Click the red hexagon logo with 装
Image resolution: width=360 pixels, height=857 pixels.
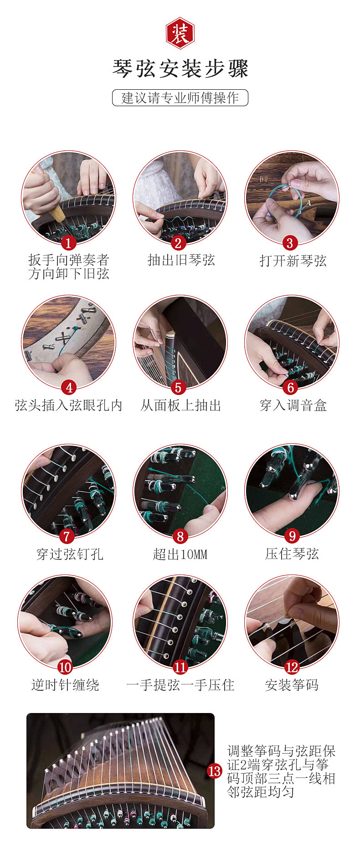(x=180, y=34)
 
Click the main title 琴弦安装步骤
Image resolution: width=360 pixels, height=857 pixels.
(x=180, y=69)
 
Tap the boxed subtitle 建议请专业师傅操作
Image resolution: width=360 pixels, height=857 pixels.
(x=180, y=98)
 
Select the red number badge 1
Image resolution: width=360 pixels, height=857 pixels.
(x=68, y=243)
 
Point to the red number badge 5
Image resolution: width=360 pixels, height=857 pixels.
(x=178, y=387)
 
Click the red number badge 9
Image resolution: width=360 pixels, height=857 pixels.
(x=292, y=536)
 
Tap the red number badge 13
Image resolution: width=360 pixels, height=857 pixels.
(x=214, y=771)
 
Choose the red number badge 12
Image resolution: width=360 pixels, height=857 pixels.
(x=292, y=667)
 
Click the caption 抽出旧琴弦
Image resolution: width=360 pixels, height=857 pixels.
(x=181, y=260)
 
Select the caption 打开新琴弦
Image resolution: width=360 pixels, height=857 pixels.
(x=293, y=261)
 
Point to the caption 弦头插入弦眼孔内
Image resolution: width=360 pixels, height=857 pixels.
(x=68, y=405)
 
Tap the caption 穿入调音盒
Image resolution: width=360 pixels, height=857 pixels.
(x=293, y=405)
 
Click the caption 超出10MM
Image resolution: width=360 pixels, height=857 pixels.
(x=180, y=554)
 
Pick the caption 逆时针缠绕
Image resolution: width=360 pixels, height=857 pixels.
(x=65, y=685)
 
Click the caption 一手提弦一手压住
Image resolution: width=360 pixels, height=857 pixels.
(x=180, y=685)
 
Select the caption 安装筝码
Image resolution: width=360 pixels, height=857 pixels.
(x=292, y=685)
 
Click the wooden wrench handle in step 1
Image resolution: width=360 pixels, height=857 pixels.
(x=57, y=210)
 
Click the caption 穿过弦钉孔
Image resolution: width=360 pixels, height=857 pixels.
(x=70, y=554)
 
